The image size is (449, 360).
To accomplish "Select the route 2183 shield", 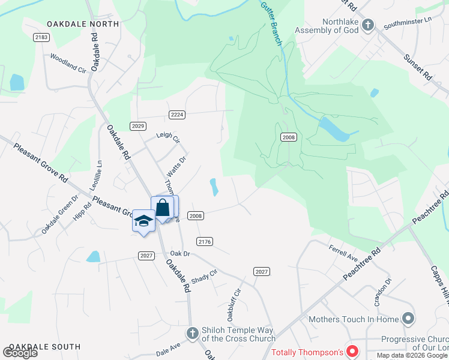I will [x=41, y=37].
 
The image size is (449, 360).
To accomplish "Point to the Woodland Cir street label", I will [x=68, y=64].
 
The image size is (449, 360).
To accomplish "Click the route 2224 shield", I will [x=176, y=115].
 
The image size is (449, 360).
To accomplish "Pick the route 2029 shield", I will [x=137, y=125].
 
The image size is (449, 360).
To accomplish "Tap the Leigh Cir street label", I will [x=168, y=139].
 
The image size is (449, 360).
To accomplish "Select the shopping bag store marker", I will [x=163, y=208].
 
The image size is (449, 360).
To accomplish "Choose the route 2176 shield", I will [x=204, y=241].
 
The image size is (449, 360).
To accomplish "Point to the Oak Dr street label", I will [x=179, y=254].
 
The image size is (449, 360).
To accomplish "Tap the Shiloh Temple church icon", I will [x=192, y=332].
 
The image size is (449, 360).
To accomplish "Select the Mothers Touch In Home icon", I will [x=409, y=318].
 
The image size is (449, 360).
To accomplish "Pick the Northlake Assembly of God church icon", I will [x=369, y=25].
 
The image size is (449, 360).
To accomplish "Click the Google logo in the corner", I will [x=20, y=353].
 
